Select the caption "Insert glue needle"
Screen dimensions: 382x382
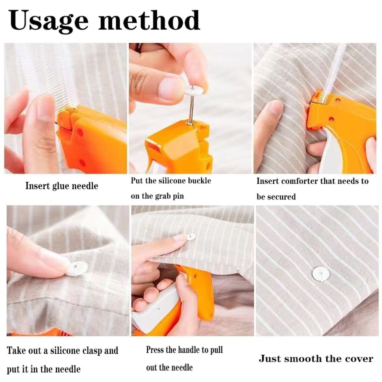[61, 186]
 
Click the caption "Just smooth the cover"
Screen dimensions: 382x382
[315, 359]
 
